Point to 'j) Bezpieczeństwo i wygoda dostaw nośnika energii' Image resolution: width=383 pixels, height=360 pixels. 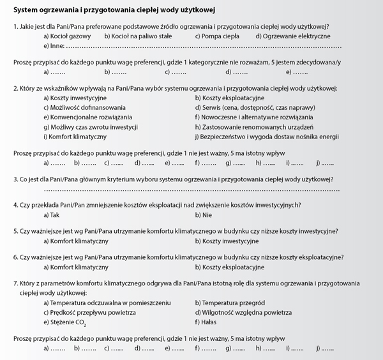pos(266,137)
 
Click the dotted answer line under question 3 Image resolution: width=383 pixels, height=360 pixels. pos(191,190)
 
